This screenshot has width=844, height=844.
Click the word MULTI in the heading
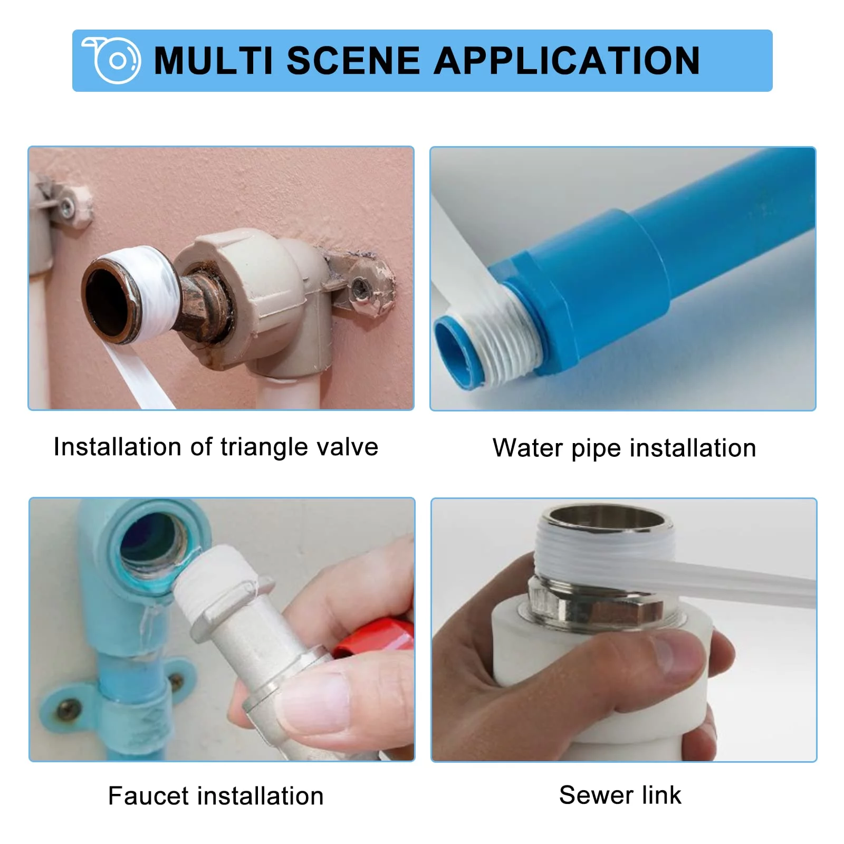click(x=214, y=61)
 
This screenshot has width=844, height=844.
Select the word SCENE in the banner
click(x=353, y=61)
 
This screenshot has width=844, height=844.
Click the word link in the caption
click(x=661, y=794)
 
